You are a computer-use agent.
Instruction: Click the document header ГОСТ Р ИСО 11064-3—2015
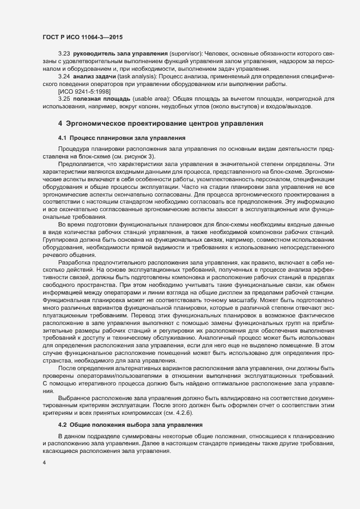(x=82, y=37)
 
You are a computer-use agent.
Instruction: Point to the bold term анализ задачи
(x=96, y=77)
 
